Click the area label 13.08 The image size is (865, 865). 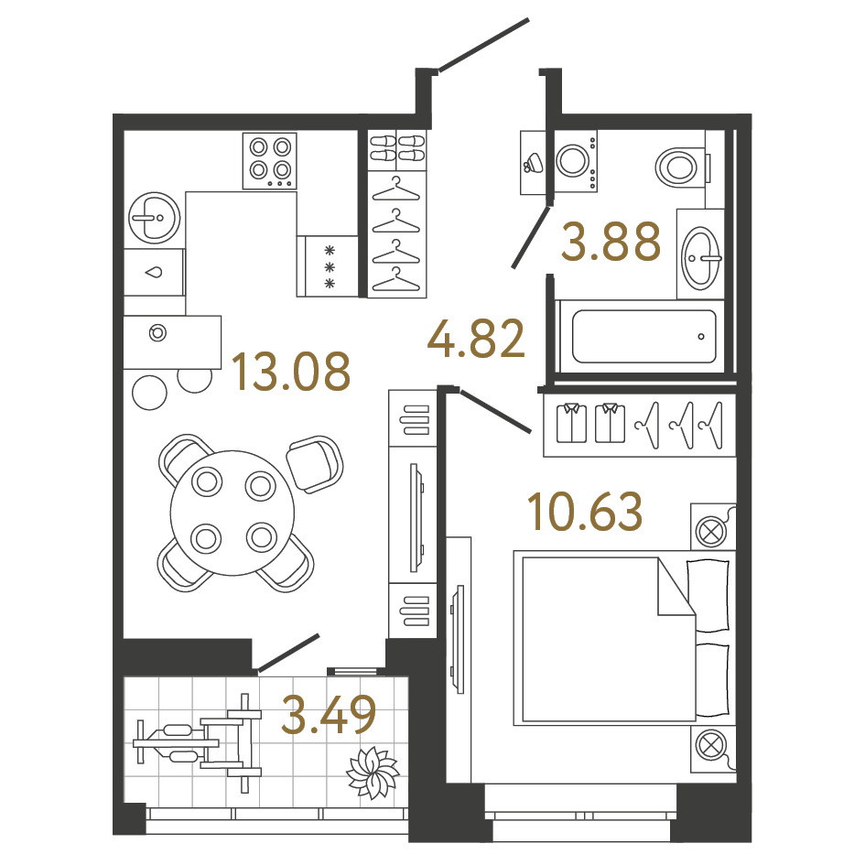[x=291, y=372]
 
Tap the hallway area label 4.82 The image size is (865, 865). [x=476, y=339]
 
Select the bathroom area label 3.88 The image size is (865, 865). [x=611, y=241]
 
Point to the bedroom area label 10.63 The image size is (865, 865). [x=585, y=512]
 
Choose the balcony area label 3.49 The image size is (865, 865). [x=329, y=715]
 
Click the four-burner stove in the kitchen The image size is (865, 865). [x=270, y=161]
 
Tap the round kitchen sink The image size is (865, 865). [x=155, y=218]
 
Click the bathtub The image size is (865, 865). [x=643, y=337]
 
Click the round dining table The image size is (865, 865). [x=232, y=513]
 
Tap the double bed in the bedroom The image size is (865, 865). [x=624, y=638]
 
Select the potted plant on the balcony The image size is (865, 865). [x=373, y=772]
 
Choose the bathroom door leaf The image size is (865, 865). [x=531, y=237]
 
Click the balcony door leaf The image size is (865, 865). [x=288, y=654]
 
